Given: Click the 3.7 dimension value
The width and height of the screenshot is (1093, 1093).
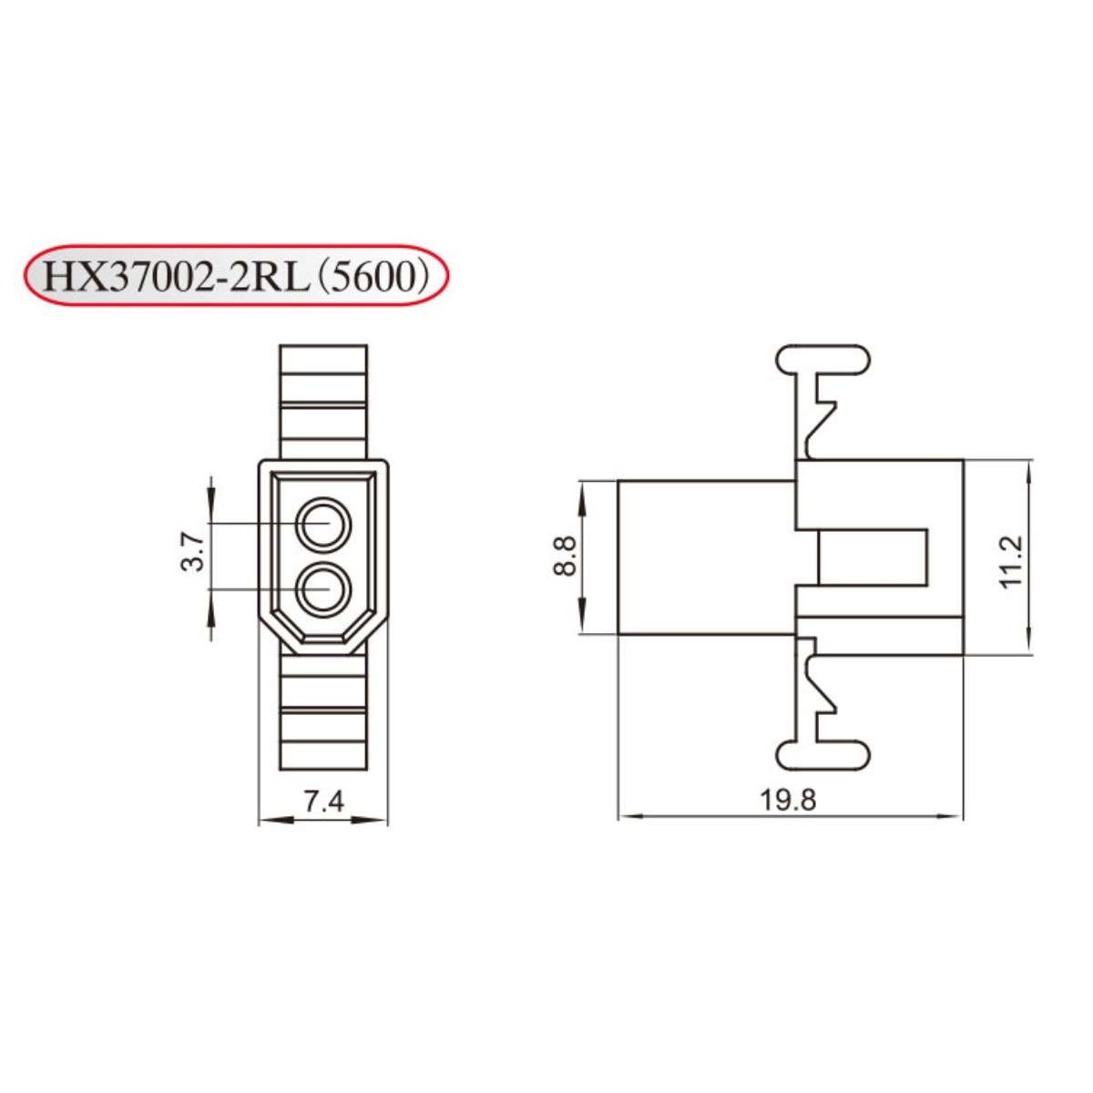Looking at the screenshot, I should click(192, 553).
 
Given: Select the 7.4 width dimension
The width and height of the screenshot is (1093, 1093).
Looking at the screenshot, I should click(323, 802).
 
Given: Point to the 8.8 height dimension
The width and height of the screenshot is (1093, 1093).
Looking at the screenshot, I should click(565, 556).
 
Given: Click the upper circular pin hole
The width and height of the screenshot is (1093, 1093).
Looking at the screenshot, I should click(323, 526).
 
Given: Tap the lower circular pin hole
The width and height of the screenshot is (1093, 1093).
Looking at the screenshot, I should click(323, 589).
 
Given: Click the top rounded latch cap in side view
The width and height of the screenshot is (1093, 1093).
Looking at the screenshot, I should click(822, 358).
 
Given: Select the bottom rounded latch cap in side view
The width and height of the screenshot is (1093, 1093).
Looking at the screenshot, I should click(822, 754).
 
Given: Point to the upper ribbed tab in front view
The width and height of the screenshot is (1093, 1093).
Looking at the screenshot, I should click(323, 401).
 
